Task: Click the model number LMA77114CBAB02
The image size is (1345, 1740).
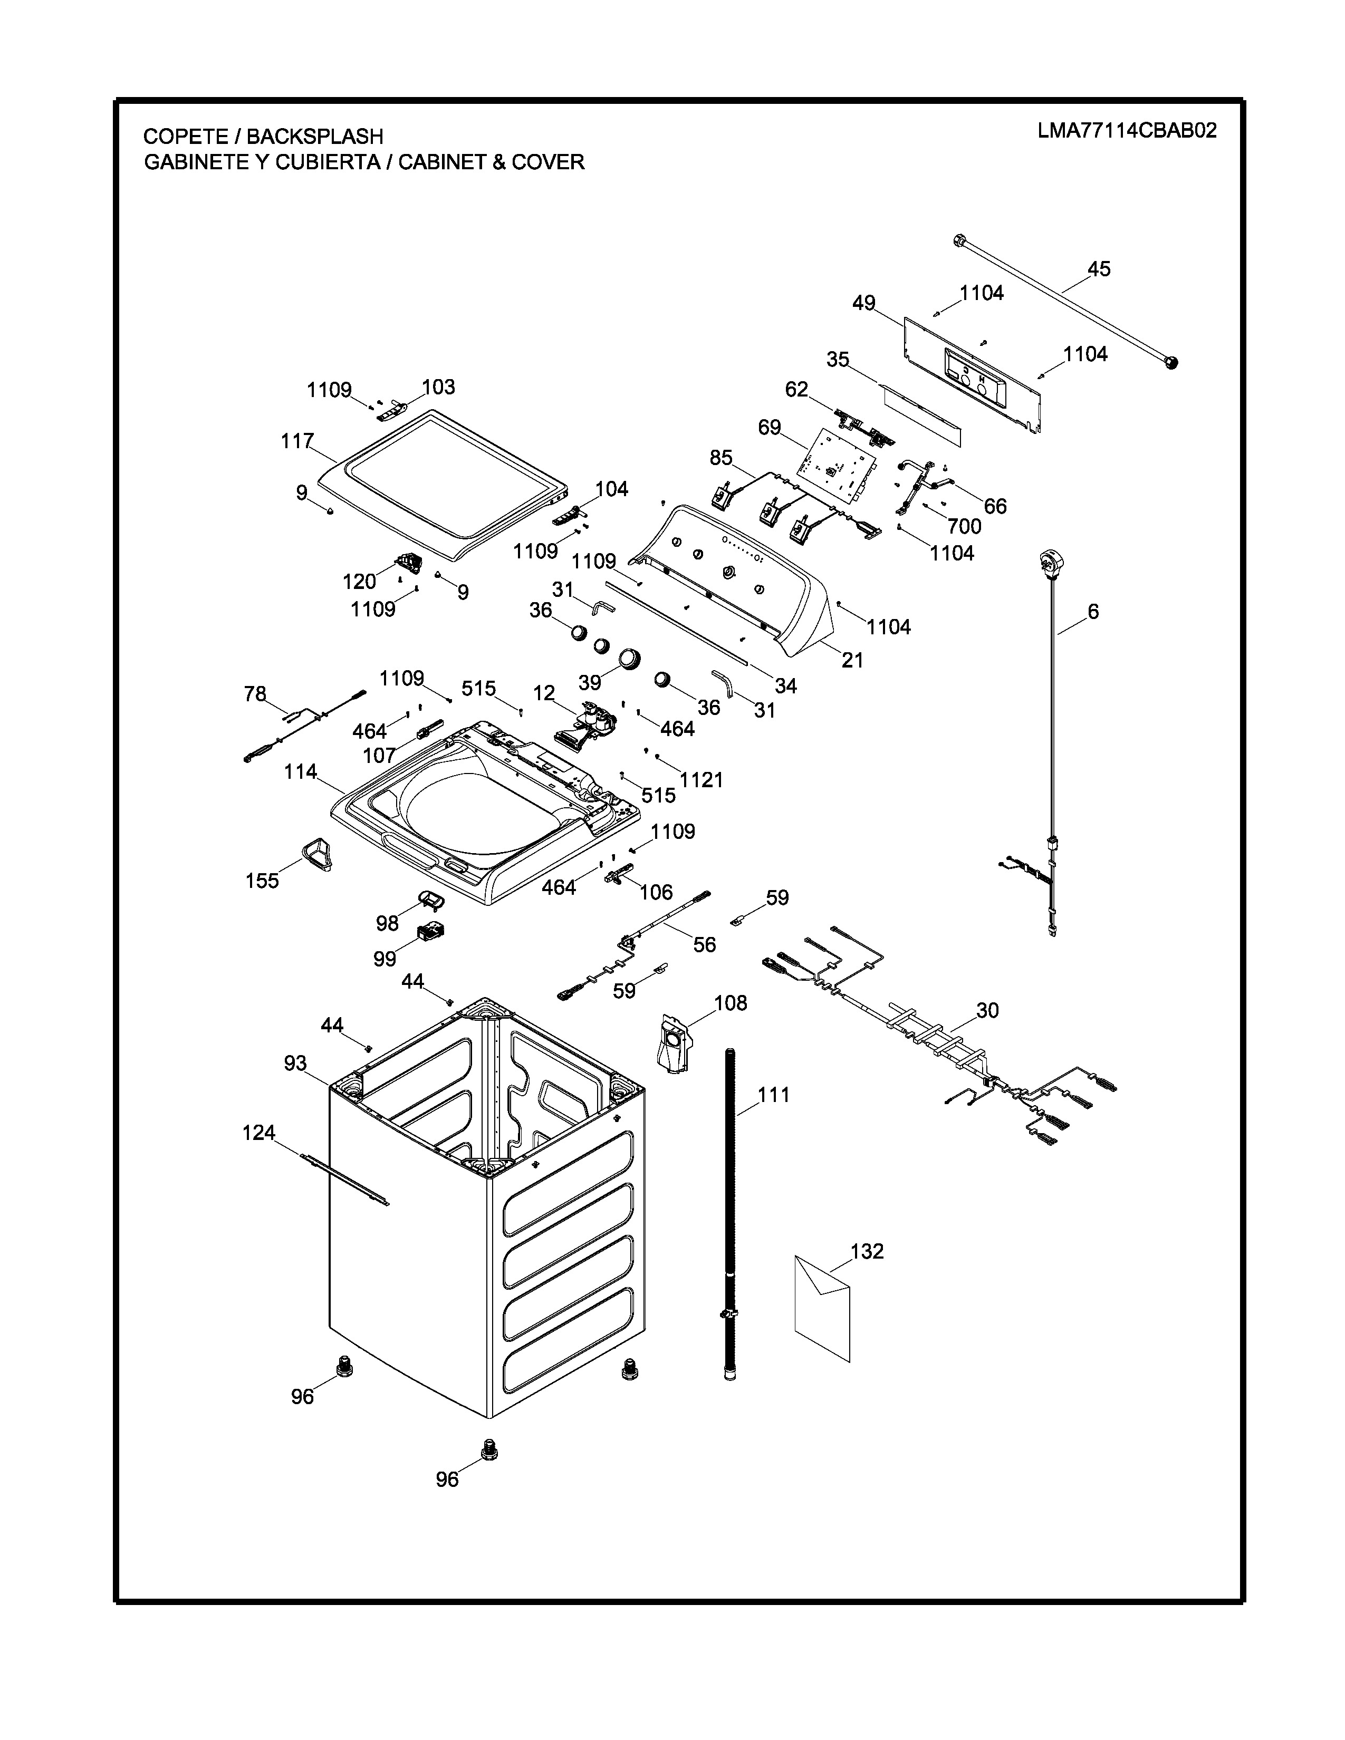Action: [1127, 131]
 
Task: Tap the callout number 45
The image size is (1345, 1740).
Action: [1099, 269]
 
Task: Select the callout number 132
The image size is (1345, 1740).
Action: [867, 1252]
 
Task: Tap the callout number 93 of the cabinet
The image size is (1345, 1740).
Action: [295, 1064]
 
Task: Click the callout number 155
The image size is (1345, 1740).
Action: [262, 881]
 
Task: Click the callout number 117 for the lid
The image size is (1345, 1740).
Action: [297, 441]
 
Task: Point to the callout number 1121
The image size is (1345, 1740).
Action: [701, 780]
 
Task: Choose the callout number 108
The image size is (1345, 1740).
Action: [731, 1003]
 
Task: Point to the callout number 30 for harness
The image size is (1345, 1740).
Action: [987, 1010]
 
